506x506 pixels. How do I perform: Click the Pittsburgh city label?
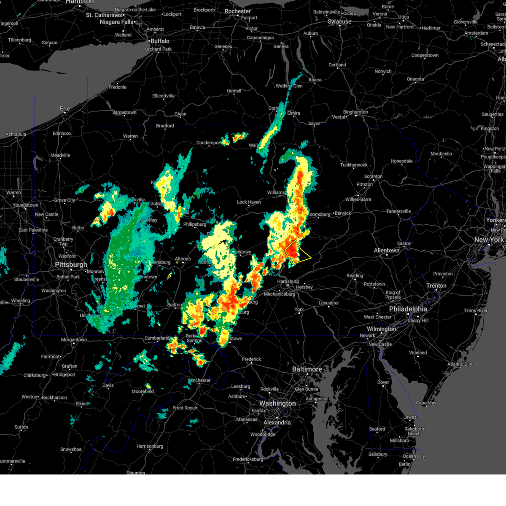[71, 265]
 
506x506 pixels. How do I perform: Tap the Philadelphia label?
[408, 309]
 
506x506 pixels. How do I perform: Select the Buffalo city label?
[160, 41]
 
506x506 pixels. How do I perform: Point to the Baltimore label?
[307, 369]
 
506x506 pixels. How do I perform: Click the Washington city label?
[277, 404]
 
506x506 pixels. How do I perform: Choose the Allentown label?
[386, 250]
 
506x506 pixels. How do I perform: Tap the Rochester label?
[238, 11]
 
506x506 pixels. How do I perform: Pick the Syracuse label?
[339, 22]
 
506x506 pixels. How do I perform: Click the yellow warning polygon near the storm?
[298, 252]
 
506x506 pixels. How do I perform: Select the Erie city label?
[65, 108]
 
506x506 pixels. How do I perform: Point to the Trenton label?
[436, 286]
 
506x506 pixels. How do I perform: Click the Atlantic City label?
[460, 364]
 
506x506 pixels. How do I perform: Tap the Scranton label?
[373, 177]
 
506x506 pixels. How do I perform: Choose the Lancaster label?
[328, 303]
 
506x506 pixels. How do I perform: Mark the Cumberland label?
[157, 338]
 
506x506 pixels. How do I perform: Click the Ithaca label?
[315, 80]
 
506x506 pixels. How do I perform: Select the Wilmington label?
[381, 329]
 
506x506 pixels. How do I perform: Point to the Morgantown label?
[74, 340]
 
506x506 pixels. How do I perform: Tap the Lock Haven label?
[249, 202]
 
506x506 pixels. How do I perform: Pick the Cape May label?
[426, 403]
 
